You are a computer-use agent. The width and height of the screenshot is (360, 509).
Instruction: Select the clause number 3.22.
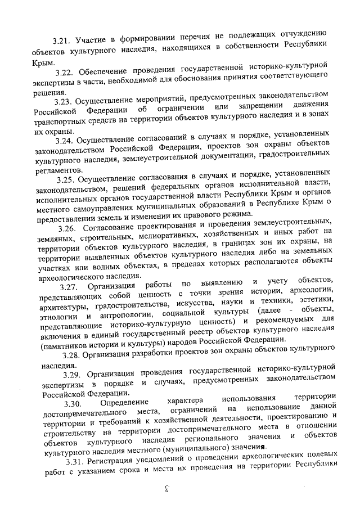(66, 73)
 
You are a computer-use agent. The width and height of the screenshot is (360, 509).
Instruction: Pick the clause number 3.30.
(73, 403)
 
